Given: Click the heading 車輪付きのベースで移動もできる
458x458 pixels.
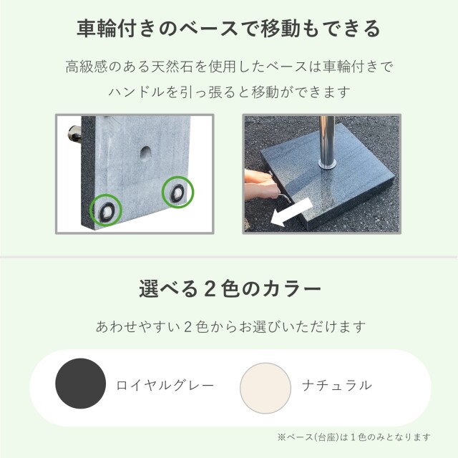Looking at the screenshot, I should (x=229, y=29).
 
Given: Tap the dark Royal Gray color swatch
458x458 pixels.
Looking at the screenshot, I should (x=81, y=384).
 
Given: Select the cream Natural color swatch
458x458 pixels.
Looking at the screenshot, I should (x=265, y=384).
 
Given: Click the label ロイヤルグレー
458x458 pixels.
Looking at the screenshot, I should (x=165, y=385).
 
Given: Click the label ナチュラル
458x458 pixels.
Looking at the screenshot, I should (x=336, y=385).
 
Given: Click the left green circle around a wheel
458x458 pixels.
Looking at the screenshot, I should (x=107, y=209).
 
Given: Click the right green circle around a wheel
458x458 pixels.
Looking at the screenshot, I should (x=177, y=191).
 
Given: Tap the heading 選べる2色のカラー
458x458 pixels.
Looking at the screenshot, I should (x=229, y=291).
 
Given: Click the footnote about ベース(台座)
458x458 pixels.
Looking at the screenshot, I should (x=354, y=437).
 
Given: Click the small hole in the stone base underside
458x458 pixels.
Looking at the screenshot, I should (x=145, y=152).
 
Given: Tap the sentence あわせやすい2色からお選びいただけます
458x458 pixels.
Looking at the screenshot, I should (x=229, y=327).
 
